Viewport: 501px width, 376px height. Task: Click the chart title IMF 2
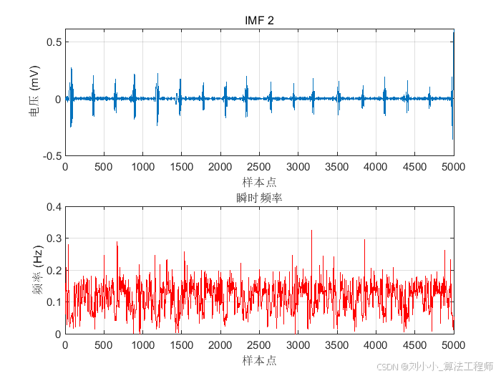(259, 21)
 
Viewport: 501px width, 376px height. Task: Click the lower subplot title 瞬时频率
(259, 198)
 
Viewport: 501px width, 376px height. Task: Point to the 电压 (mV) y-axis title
(34, 91)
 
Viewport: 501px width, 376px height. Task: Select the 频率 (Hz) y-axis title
(37, 270)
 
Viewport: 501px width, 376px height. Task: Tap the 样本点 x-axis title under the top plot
(259, 182)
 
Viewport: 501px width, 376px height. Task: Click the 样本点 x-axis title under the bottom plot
(259, 360)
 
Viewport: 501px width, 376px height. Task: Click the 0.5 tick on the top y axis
(54, 42)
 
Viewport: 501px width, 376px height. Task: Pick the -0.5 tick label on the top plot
(52, 156)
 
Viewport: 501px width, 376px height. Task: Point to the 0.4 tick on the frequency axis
(54, 207)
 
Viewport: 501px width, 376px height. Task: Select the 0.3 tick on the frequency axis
(54, 238)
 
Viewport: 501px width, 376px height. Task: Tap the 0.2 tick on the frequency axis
(54, 271)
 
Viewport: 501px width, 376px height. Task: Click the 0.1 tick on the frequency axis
(54, 302)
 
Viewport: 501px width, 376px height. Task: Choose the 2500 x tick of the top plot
(259, 167)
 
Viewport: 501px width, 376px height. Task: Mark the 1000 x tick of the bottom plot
(143, 345)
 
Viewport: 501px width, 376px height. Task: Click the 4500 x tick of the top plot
(414, 167)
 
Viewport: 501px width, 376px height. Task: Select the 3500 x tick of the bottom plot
(337, 345)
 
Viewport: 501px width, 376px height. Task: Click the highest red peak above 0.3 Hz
(311, 231)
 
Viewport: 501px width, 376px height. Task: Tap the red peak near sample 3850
(364, 240)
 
